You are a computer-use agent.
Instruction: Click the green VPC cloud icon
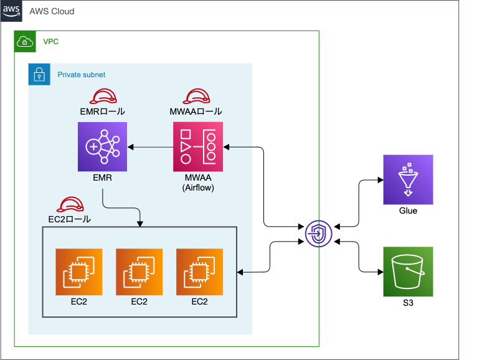[26, 42]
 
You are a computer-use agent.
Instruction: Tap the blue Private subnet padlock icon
[39, 74]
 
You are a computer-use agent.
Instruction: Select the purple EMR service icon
[102, 146]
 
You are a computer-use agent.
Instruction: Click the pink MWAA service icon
[197, 146]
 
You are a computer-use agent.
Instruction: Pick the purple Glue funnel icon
[407, 180]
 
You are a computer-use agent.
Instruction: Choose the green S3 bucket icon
[407, 272]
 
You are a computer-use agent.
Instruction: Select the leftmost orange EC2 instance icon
[78, 272]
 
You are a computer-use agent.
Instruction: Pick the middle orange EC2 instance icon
[139, 272]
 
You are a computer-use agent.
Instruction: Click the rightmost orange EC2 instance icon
[199, 272]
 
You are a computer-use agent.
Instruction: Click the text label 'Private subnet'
[82, 75]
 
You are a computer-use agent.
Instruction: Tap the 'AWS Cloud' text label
[52, 11]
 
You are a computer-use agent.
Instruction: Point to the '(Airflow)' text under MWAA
[197, 187]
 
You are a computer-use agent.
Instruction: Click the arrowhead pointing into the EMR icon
[131, 147]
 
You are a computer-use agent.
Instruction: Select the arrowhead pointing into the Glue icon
[379, 181]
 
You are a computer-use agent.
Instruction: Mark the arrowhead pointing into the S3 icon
[379, 272]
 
